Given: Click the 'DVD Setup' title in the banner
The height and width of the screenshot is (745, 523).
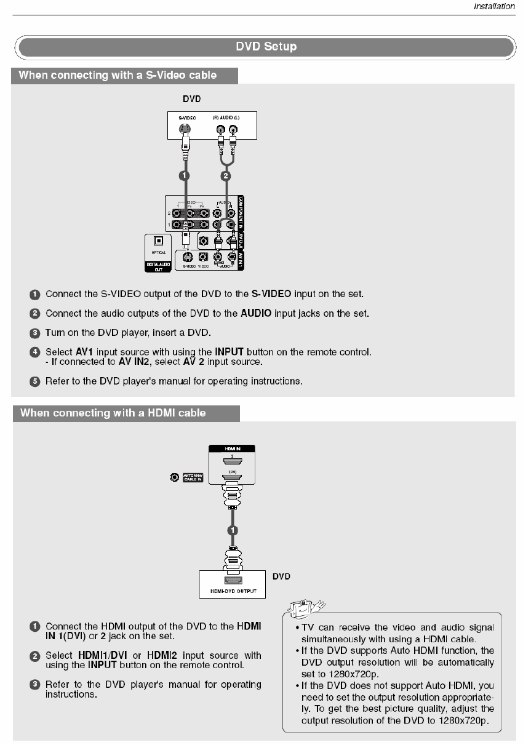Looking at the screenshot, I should coord(266,47).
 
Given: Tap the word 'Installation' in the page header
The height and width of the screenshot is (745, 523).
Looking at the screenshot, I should coord(493,7).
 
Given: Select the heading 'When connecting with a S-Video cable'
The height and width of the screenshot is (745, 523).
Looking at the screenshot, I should coord(118,75).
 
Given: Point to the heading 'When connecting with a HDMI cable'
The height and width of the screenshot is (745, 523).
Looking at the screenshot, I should coord(113,413).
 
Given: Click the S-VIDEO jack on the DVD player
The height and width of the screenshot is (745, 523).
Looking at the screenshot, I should coord(183,130).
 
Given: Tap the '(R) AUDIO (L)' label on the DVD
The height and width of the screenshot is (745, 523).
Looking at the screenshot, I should coord(226,116).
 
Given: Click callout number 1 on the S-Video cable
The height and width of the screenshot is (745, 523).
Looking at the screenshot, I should coord(183,175).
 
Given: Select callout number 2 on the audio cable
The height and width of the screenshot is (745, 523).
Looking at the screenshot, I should coord(226,175).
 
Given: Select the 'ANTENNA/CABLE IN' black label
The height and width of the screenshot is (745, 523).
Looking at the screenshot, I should coord(193,477).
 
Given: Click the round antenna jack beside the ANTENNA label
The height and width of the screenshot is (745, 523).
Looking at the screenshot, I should coord(175,477).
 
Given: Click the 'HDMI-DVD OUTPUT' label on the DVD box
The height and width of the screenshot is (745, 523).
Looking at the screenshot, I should coord(233,591).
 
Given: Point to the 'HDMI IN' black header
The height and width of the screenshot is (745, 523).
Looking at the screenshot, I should coord(232,448).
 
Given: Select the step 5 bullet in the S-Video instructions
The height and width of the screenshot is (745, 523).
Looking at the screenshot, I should coord(35,381).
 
